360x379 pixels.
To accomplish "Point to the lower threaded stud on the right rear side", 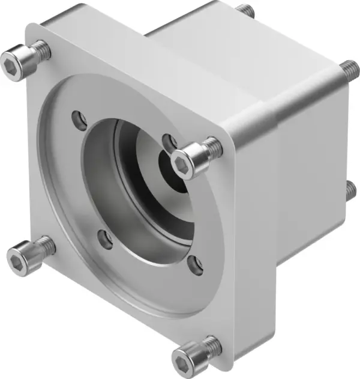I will click(x=351, y=191).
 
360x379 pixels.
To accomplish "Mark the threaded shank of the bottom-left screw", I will click(x=44, y=244).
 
